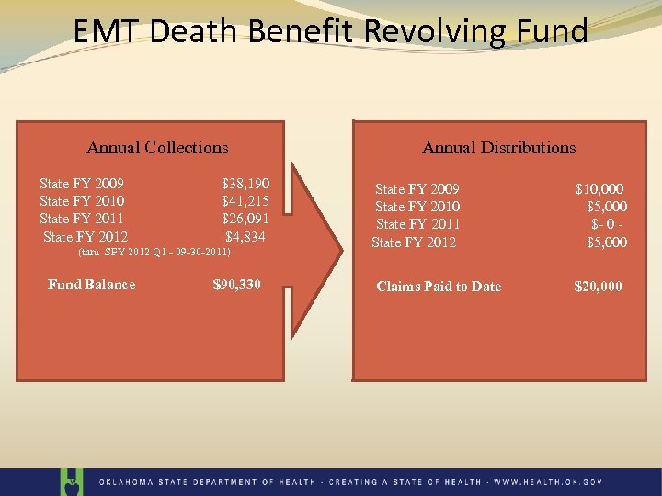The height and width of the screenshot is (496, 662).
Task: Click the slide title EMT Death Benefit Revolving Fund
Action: pos(331,32)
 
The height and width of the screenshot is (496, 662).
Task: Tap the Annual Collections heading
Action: pos(157,147)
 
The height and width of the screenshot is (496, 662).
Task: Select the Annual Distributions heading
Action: pos(498,147)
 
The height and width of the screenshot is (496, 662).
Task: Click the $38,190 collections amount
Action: pos(245,184)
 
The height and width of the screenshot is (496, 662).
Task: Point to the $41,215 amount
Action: pos(245,201)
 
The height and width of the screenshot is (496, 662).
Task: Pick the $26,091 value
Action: pos(245,219)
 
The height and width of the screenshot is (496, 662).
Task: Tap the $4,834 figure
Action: pos(245,237)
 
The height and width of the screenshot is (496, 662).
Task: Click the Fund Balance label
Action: pos(91,285)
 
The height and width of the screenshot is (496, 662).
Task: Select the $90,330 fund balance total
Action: pos(236,285)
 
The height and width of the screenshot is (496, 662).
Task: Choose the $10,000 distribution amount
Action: pos(601,189)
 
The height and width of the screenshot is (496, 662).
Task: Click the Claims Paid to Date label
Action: pos(439,287)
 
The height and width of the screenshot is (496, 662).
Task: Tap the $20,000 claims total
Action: pos(598,287)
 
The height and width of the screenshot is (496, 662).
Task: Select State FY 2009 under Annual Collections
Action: pos(82,184)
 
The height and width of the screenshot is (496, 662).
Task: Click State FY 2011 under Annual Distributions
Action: pos(417,224)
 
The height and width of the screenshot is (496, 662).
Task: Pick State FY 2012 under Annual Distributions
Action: pos(414,242)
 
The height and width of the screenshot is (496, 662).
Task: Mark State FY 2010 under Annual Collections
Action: pos(82,201)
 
